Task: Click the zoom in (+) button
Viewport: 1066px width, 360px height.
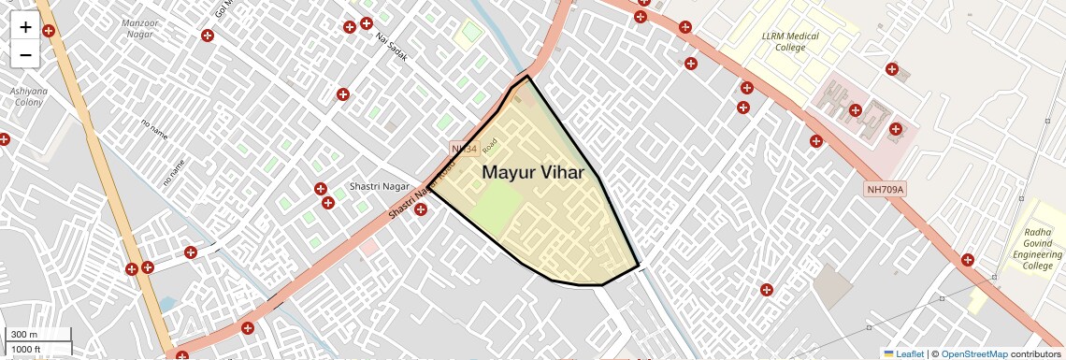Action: pyautogui.click(x=25, y=27)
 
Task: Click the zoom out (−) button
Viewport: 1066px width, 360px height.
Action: pyautogui.click(x=25, y=55)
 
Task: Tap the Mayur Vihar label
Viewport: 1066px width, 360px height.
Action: pyautogui.click(x=532, y=172)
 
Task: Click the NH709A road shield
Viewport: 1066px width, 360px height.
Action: pyautogui.click(x=885, y=190)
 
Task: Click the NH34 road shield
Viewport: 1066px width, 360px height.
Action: pyautogui.click(x=464, y=149)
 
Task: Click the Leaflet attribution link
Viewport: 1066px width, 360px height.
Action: pyautogui.click(x=903, y=353)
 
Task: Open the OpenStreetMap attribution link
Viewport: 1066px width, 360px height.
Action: pyautogui.click(x=973, y=353)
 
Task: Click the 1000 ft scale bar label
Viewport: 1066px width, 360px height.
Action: pyautogui.click(x=27, y=349)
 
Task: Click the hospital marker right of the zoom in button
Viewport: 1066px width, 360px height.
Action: pyautogui.click(x=49, y=30)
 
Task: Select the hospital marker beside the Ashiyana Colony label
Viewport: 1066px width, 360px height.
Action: pyautogui.click(x=4, y=139)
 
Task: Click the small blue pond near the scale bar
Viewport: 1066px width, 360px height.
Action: pyautogui.click(x=167, y=304)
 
